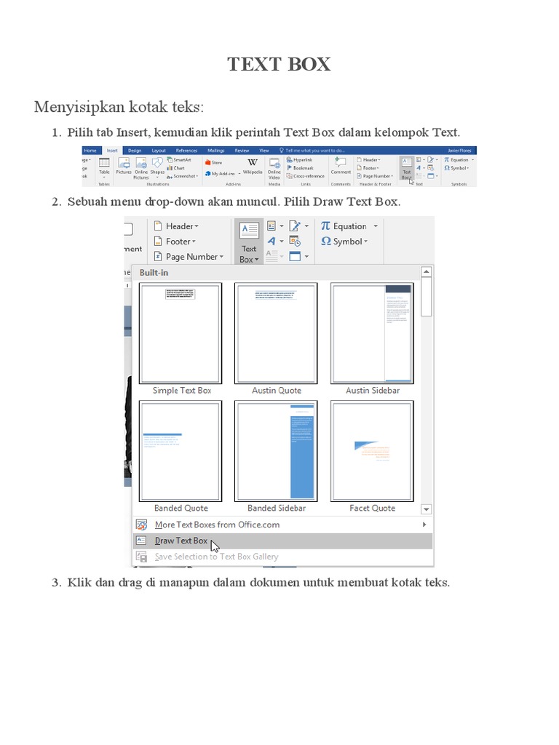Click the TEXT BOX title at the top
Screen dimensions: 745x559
279,64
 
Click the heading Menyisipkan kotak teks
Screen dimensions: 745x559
119,108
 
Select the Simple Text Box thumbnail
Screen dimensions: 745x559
181,333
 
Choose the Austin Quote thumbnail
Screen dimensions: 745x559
276,333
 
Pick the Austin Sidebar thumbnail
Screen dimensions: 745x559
372,333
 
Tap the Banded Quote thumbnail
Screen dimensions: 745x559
181,450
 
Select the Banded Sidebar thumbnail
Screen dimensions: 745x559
276,450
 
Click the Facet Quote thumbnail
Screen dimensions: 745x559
372,450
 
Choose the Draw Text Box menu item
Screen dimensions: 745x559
181,541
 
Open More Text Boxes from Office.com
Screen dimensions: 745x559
217,525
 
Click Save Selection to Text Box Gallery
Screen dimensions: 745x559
216,557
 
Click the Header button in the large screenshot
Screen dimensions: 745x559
179,226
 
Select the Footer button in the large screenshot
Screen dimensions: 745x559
178,242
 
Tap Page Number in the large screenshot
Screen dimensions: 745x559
191,257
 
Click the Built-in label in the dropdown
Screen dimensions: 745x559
155,273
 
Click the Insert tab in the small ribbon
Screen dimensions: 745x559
112,151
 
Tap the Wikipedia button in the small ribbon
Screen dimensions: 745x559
253,167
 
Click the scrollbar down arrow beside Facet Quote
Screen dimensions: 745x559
427,509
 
